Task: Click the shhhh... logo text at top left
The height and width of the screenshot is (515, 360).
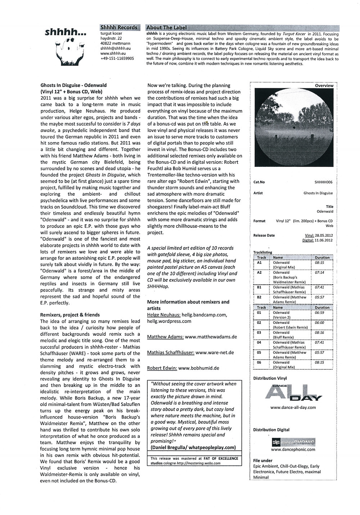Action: click(66, 32)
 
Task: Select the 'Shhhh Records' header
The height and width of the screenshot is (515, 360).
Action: click(119, 27)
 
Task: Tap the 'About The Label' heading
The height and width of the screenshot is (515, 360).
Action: click(167, 27)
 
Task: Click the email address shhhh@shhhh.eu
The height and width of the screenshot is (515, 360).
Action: click(115, 48)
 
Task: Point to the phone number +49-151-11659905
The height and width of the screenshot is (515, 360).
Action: click(117, 58)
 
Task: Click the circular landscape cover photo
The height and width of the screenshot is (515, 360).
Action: click(294, 127)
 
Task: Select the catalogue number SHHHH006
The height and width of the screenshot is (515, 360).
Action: click(323, 182)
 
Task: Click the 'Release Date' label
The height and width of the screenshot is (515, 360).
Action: click(264, 236)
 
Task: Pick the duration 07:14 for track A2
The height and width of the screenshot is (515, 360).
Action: click(319, 273)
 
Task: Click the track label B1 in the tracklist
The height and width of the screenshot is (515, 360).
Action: click(259, 287)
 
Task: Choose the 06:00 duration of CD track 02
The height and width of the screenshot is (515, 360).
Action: click(319, 323)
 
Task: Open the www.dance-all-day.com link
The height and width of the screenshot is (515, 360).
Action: click(293, 408)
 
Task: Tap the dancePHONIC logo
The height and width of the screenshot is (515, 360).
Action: click(293, 442)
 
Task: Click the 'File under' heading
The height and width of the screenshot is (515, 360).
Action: click(263, 461)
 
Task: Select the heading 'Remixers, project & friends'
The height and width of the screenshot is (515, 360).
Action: click(70, 315)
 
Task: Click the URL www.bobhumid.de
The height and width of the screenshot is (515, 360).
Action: click(198, 368)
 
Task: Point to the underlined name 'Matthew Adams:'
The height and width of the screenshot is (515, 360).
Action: click(165, 337)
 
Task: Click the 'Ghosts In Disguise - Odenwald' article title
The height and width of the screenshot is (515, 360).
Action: click(73, 85)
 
